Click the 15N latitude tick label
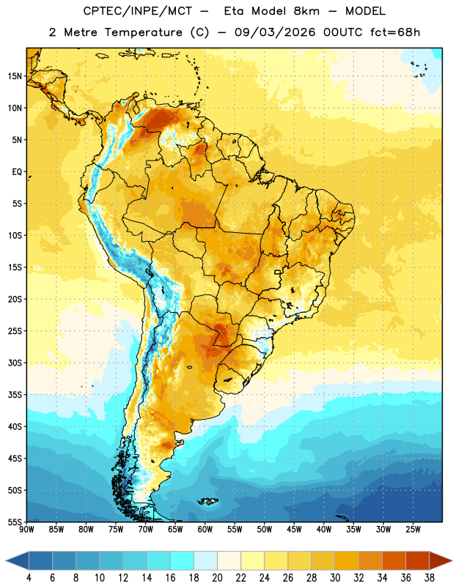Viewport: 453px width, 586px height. click(15, 76)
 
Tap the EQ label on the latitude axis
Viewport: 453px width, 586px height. click(17, 172)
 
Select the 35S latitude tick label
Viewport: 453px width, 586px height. click(15, 395)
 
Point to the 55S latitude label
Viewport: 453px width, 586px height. click(15, 522)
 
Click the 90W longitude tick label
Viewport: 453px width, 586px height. click(26, 530)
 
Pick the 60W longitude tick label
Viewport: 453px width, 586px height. click(205, 530)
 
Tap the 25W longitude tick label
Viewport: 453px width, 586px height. click(413, 530)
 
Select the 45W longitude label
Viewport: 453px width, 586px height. click(295, 530)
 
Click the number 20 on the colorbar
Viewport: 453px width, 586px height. click(217, 578)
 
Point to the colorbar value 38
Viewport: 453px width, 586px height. click(430, 578)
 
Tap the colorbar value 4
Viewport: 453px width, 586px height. click(29, 578)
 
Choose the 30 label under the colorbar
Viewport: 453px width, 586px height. click(335, 578)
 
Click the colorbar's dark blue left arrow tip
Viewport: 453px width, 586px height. click(6, 560)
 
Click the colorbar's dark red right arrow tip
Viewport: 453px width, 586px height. click(452, 560)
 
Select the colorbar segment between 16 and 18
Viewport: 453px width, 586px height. click(183, 560)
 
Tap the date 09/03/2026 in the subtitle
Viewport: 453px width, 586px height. click(275, 32)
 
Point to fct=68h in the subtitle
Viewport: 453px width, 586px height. click(395, 32)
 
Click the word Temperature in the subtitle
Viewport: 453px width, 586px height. click(143, 32)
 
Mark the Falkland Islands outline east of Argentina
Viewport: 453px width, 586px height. click(207, 501)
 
